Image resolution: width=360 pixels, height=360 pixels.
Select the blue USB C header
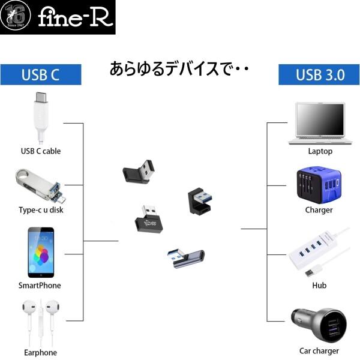point(41,75)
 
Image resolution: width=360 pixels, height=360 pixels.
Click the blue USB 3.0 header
point(319,75)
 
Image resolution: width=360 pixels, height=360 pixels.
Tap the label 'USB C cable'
point(41,151)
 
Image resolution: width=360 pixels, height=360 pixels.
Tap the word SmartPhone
point(40,286)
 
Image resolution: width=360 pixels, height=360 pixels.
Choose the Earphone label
point(40,353)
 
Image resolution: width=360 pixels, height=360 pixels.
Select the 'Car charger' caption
point(319,351)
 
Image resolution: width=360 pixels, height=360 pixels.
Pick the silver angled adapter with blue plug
point(185,258)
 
